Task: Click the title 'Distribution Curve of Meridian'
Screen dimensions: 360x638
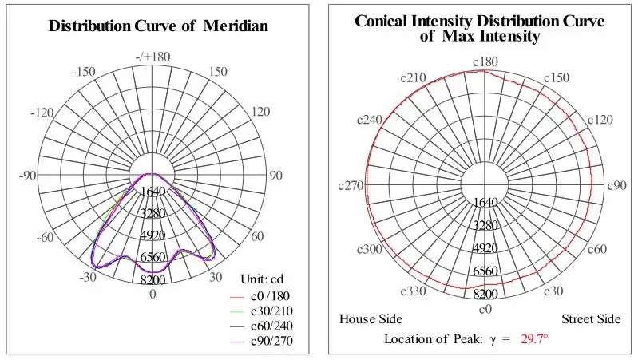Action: tap(158, 26)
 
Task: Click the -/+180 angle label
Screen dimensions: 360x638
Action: tap(153, 57)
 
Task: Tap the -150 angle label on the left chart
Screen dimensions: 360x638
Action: tap(84, 72)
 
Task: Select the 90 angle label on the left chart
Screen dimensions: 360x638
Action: tap(275, 176)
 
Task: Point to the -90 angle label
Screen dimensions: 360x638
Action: tap(27, 176)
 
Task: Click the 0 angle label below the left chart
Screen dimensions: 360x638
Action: tap(153, 294)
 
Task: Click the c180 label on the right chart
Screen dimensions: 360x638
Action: tap(485, 61)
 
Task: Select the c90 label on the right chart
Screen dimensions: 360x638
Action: tap(616, 185)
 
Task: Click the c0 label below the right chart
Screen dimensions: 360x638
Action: tap(485, 308)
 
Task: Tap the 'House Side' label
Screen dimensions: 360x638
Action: tap(371, 319)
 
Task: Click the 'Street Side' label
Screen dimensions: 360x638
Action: tap(590, 319)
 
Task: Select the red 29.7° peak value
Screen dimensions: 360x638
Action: tap(535, 339)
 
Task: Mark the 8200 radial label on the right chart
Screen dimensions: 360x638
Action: tap(485, 294)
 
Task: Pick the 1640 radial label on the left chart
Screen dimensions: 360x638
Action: tap(153, 192)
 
